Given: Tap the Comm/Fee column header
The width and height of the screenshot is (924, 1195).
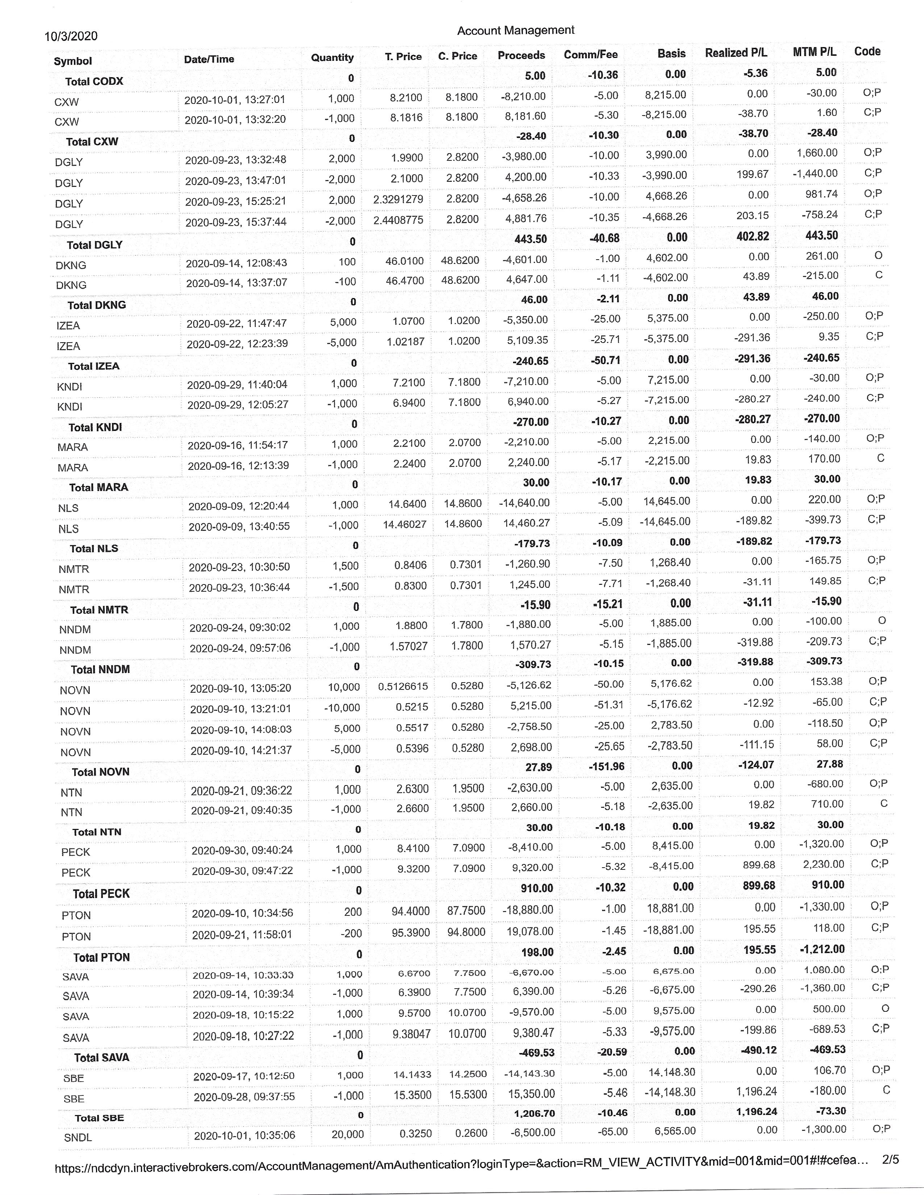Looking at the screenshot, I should click(x=591, y=55).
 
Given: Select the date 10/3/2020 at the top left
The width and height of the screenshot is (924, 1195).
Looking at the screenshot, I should click(x=71, y=36).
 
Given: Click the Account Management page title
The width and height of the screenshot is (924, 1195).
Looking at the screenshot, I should click(x=516, y=31).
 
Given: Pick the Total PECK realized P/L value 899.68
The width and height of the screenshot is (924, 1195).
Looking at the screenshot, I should click(x=759, y=885).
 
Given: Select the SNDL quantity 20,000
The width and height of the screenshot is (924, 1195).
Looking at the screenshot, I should click(x=347, y=1134).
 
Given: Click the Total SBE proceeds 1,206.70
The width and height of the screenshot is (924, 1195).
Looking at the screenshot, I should click(x=534, y=1114).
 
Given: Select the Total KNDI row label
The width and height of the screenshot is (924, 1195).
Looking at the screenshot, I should click(x=95, y=427).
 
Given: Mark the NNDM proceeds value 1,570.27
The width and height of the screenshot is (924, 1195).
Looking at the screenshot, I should click(x=530, y=645).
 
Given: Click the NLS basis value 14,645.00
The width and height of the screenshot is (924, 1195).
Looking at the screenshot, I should click(x=666, y=501).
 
